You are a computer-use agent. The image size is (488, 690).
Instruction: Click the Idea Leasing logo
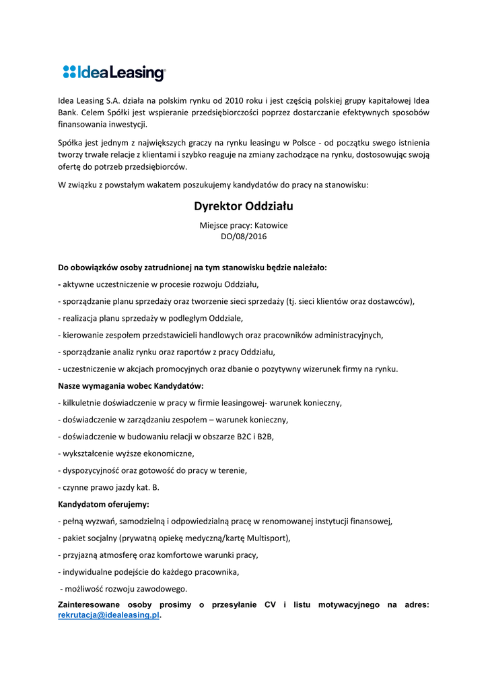tap(114, 73)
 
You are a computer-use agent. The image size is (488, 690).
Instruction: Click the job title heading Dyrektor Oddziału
tap(244, 206)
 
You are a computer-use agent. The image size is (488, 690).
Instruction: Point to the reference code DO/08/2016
tap(244, 237)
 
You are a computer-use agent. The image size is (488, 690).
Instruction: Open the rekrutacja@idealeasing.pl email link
tap(109, 615)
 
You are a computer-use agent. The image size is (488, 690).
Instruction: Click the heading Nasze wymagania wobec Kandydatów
tap(131, 386)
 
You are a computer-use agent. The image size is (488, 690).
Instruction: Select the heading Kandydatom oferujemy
tap(104, 504)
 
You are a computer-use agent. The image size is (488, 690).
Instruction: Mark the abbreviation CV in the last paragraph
tap(271, 605)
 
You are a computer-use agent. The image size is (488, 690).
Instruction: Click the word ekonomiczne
tap(170, 453)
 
